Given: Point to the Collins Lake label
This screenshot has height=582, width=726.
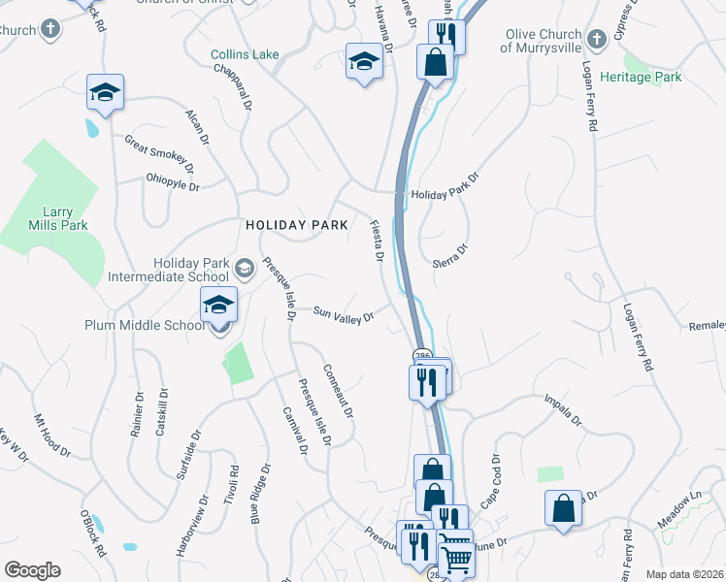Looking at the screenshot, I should pos(245,54).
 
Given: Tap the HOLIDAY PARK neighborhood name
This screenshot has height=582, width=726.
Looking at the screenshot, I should pos(296,225).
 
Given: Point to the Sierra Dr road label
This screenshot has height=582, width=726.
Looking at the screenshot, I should pos(450,255).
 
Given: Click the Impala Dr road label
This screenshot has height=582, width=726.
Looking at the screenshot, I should pos(562,410).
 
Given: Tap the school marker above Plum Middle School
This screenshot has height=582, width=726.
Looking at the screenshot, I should pos(219,306).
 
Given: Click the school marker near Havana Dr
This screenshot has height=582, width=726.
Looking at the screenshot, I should pos(364,63).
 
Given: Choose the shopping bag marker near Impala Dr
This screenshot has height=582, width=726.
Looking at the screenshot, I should pos(563,507).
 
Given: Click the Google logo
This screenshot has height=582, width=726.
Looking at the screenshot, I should pos(32,570).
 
